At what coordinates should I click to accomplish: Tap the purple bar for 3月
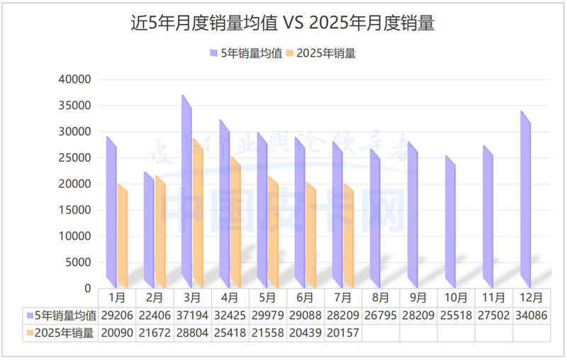(186, 191)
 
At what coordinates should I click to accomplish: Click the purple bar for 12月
(525, 198)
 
